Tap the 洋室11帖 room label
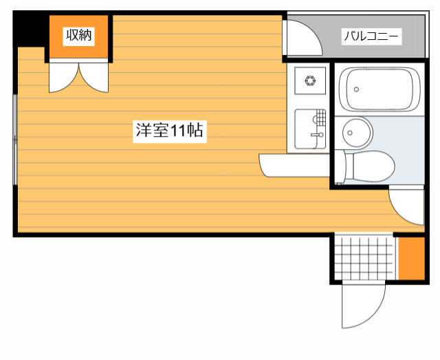(x=169, y=131)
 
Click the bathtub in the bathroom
(x=380, y=89)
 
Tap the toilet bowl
(x=371, y=166)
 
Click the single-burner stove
(x=309, y=81)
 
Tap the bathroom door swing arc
(x=407, y=206)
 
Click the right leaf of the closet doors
(x=96, y=76)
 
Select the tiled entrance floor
(x=364, y=257)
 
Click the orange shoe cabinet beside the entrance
(x=411, y=258)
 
